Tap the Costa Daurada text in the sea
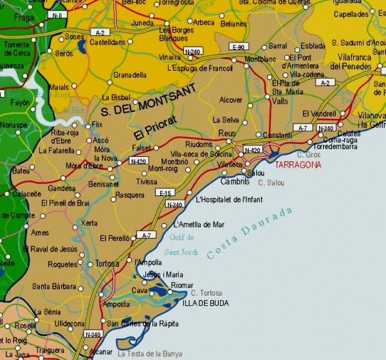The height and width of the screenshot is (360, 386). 251,233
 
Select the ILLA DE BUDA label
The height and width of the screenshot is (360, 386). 203,302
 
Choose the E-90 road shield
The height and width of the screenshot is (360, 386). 239,47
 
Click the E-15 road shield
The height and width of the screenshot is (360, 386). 165,193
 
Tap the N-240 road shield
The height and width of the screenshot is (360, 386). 192,51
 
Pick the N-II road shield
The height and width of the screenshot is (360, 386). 57,14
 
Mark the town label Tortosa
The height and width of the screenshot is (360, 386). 107,264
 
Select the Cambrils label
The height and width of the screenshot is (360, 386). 235,182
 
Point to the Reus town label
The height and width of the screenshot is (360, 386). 227,132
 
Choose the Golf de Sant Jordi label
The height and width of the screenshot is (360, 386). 183,244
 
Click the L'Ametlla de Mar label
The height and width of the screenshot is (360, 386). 199,224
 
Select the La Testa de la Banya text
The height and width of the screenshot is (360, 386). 150,354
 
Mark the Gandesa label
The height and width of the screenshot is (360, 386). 61,189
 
